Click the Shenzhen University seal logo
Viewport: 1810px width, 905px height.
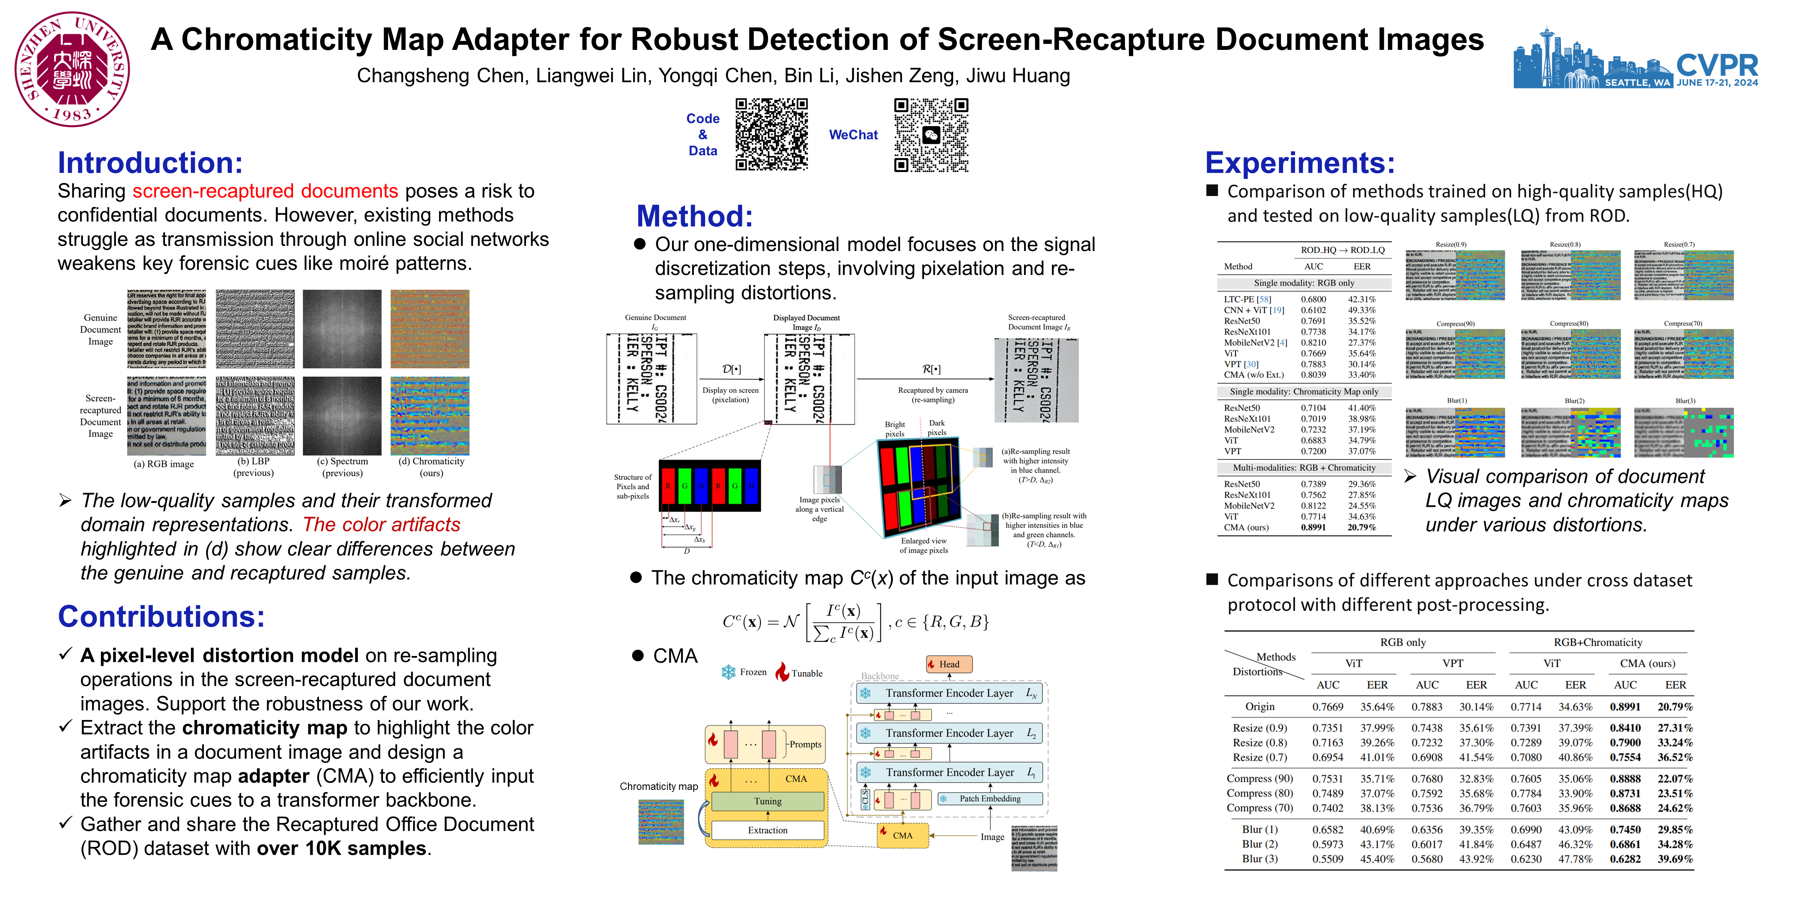(x=72, y=69)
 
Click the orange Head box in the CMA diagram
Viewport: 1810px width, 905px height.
(x=949, y=664)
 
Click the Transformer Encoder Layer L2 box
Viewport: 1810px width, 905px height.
(x=949, y=733)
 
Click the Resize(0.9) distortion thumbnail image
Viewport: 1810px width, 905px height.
(x=1455, y=275)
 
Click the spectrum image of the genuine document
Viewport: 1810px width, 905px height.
(x=342, y=329)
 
